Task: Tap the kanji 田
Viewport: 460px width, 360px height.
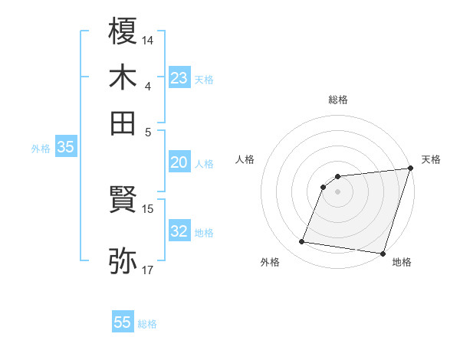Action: pos(123,123)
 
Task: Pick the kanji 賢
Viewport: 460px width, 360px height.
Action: pos(123,201)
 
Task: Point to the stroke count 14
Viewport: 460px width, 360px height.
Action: pos(148,39)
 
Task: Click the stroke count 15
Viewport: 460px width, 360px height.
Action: pos(148,208)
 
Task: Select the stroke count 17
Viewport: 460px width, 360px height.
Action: pos(148,270)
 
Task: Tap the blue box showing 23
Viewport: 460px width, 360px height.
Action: pos(179,77)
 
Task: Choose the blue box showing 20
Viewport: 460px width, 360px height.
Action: pos(179,162)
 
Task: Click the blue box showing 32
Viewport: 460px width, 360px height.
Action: pos(179,231)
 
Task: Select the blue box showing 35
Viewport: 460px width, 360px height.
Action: pos(65,148)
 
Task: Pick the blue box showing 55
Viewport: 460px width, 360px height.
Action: pos(123,322)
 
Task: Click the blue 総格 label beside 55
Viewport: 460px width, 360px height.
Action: pos(147,324)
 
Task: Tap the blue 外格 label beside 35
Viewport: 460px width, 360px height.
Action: pos(41,149)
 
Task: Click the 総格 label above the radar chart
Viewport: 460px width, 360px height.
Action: pos(338,100)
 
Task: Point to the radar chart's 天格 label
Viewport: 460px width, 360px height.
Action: pos(431,159)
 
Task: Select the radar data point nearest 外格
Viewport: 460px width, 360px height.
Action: pos(302,242)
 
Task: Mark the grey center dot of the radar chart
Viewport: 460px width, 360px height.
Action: pos(338,191)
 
